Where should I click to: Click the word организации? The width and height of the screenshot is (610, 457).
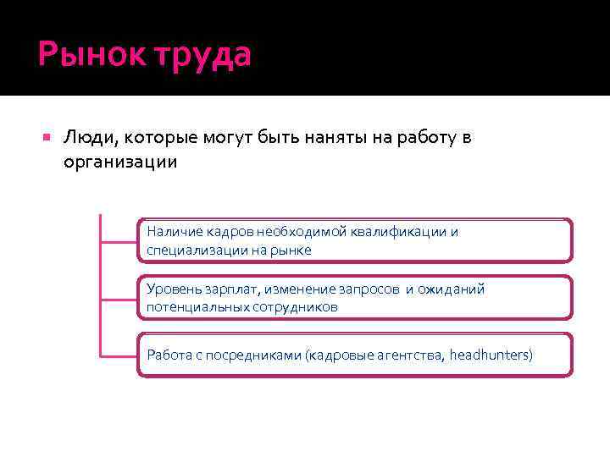[x=120, y=162]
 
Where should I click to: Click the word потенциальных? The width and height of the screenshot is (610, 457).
[x=197, y=307]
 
